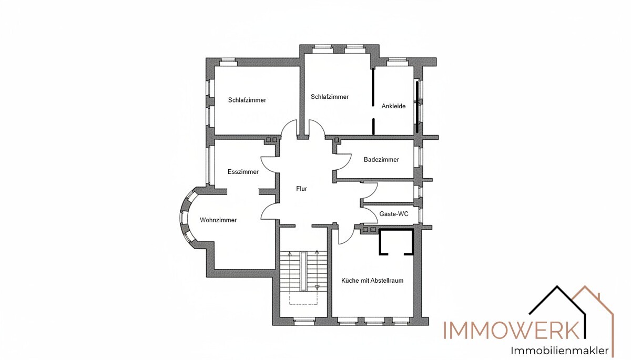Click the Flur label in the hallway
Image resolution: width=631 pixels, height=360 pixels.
[x=301, y=189]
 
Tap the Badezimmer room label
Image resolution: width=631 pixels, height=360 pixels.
[x=381, y=160]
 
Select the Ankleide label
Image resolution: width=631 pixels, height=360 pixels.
[x=393, y=106]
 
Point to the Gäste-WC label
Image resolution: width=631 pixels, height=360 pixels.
[x=394, y=214]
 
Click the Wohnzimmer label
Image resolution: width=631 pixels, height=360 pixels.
[x=218, y=220]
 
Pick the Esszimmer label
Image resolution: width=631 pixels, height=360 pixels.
[x=243, y=172]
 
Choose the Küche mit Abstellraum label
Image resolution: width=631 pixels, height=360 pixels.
[x=372, y=281]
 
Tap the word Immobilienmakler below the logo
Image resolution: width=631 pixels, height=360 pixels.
[x=559, y=351]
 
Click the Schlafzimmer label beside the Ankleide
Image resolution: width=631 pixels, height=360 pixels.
[x=330, y=97]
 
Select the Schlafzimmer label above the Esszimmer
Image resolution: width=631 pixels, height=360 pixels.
[x=247, y=100]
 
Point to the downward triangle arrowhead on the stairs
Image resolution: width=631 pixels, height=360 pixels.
[x=317, y=287]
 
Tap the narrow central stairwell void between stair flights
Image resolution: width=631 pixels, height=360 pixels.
[x=303, y=271]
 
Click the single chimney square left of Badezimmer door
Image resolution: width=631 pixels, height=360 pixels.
[x=337, y=140]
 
